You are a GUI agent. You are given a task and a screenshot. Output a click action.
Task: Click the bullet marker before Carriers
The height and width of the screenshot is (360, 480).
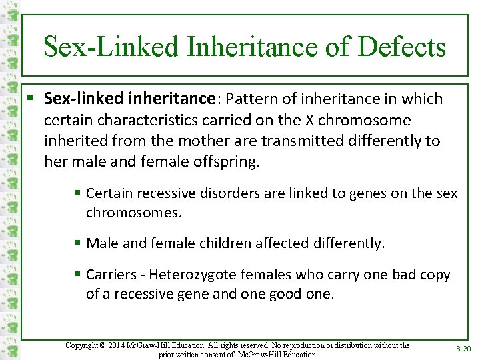78,275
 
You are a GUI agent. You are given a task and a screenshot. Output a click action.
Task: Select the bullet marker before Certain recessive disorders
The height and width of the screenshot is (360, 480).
78,193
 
